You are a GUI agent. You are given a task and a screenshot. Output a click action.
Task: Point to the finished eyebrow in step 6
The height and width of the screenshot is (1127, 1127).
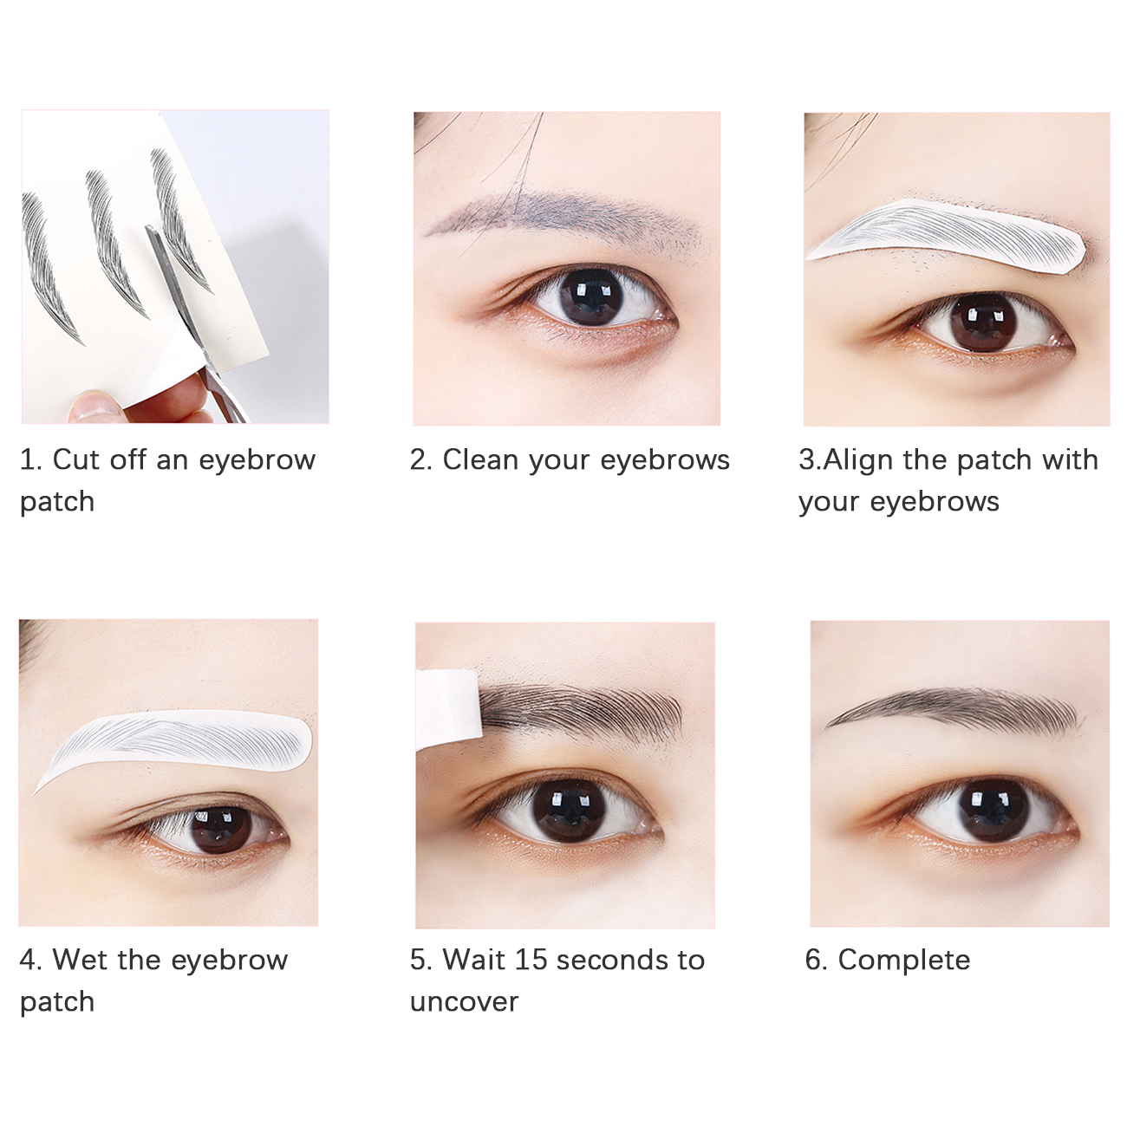[x=954, y=709]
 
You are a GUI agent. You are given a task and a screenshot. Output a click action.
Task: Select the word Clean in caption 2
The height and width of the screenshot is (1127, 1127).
[x=481, y=460]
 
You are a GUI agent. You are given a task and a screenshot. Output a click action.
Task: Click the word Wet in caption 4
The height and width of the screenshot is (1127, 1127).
[x=80, y=960]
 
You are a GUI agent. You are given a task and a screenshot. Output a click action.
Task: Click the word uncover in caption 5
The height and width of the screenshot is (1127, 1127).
[x=464, y=1003]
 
